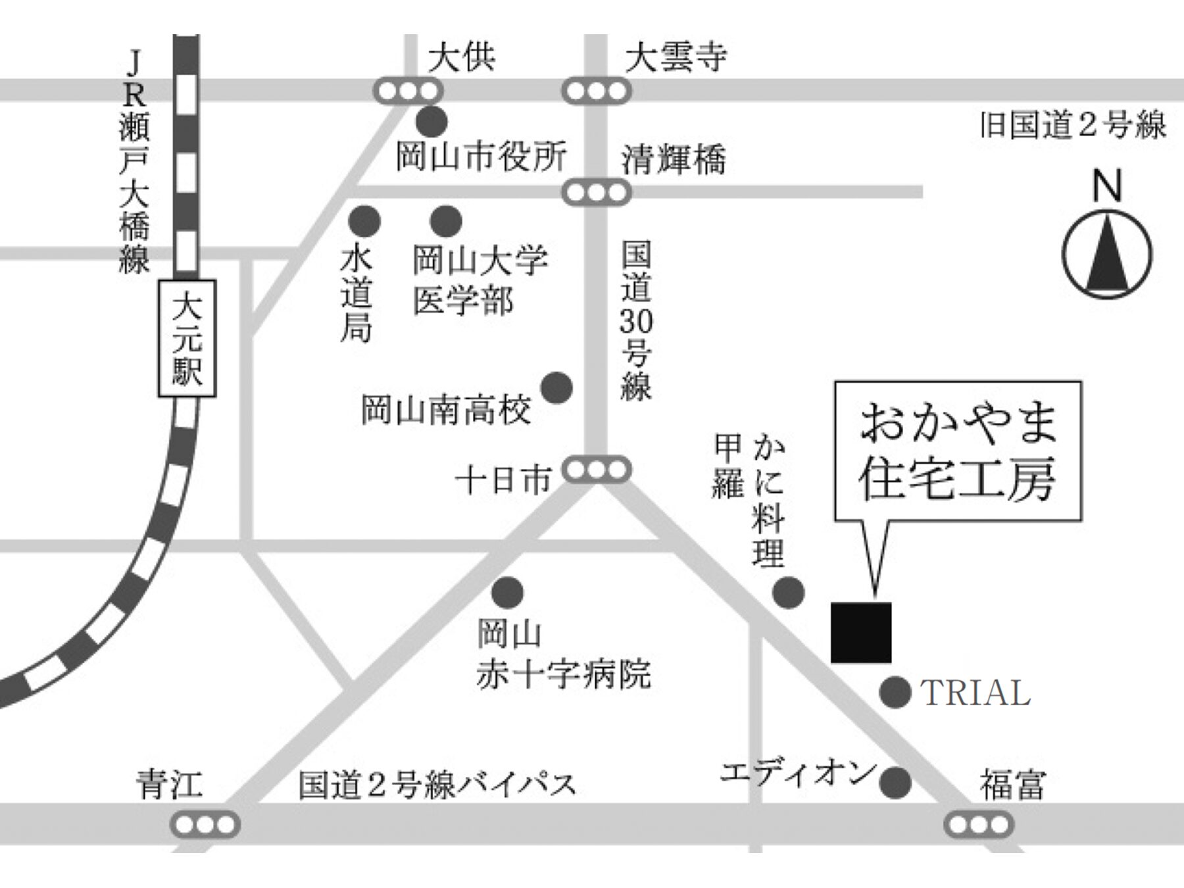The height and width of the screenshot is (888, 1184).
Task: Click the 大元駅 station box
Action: (187, 339)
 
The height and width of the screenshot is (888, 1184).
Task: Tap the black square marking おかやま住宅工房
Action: (861, 632)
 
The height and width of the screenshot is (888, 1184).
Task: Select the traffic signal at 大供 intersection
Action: (408, 91)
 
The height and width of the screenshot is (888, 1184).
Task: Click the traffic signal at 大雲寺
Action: (596, 91)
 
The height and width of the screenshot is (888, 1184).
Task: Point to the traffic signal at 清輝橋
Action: (596, 193)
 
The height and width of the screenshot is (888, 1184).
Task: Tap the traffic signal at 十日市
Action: (596, 470)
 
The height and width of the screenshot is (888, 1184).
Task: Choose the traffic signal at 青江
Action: (205, 824)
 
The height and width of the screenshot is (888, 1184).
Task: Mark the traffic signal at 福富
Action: (978, 824)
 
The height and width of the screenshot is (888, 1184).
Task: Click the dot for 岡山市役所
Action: (432, 121)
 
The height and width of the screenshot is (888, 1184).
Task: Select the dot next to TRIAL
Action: (895, 692)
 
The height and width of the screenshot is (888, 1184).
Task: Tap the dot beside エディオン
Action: (895, 782)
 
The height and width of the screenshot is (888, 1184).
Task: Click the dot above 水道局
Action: (364, 221)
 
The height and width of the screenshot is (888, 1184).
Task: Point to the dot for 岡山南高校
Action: (556, 388)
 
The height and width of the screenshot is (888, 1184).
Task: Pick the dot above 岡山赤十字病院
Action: (507, 592)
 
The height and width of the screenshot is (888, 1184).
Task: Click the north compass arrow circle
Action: (1107, 254)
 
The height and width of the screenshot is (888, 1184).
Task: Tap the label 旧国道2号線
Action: (1072, 125)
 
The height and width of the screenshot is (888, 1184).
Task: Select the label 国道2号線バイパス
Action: (437, 784)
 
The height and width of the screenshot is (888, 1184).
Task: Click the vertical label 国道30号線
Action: (635, 321)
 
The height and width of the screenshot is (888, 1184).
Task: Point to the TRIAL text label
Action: (975, 693)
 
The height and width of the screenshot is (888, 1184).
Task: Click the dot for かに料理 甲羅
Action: (787, 592)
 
